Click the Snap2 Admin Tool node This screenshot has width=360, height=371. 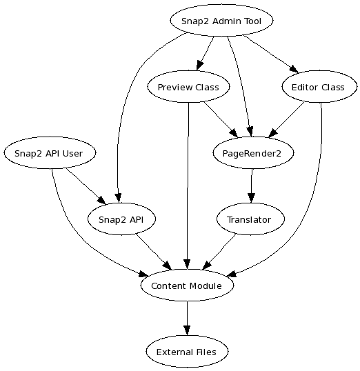click(221, 21)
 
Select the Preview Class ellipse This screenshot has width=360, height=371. click(188, 87)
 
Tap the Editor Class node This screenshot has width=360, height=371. click(318, 87)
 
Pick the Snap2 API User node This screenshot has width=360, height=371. click(48, 153)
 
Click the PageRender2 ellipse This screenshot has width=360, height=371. click(252, 153)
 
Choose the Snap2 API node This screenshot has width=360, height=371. click(122, 219)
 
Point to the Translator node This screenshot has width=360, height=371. click(244, 219)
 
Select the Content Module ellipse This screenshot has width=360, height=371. click(187, 285)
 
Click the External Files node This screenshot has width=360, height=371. click(186, 352)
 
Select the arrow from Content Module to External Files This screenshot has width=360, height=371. click(186, 319)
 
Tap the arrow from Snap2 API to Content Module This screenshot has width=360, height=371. click(154, 252)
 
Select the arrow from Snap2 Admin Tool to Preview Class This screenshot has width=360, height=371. click(205, 54)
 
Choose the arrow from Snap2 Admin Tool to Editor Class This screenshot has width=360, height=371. click(270, 54)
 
